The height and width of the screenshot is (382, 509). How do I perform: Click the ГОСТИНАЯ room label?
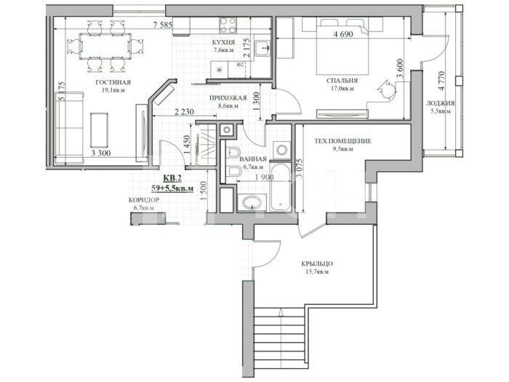click(113, 82)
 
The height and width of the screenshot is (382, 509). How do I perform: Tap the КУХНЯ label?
click(223, 42)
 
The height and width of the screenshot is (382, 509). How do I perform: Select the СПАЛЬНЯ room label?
click(342, 81)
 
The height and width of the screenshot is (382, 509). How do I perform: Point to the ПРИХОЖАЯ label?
click(228, 98)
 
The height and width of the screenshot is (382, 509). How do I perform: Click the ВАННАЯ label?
click(253, 159)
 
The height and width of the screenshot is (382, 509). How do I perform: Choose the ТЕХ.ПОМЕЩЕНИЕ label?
click(342, 141)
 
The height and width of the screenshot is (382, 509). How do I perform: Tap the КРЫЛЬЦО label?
click(317, 264)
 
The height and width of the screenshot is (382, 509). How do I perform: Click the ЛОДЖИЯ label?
click(440, 103)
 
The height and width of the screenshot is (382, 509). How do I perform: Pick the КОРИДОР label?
click(144, 200)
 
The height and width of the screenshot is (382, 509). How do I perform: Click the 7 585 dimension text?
click(162, 25)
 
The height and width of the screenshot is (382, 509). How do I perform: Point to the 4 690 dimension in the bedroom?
click(342, 34)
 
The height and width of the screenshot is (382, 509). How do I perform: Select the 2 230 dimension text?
click(184, 112)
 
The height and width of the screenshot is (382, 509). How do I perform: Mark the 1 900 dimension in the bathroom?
click(264, 178)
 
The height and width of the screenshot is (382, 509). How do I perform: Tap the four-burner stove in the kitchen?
click(228, 25)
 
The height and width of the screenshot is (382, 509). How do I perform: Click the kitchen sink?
click(262, 49)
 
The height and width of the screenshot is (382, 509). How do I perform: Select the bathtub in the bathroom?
click(280, 187)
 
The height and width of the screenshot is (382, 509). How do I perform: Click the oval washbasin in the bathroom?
click(252, 203)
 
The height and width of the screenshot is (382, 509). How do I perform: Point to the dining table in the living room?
click(105, 46)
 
